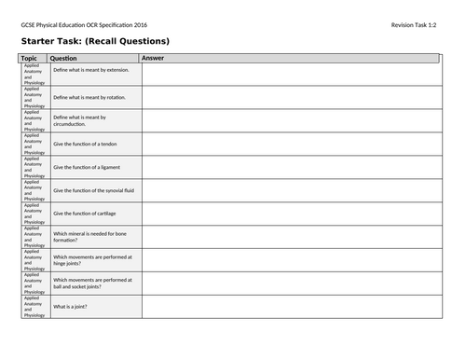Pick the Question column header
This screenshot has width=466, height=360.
(x=64, y=58)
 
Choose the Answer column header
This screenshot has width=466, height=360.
(x=154, y=58)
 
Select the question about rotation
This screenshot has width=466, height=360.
(x=89, y=97)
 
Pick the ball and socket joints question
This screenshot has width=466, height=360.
(x=92, y=284)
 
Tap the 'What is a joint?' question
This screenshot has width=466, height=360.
(x=74, y=307)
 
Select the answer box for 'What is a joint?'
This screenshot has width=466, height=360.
(x=290, y=307)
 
